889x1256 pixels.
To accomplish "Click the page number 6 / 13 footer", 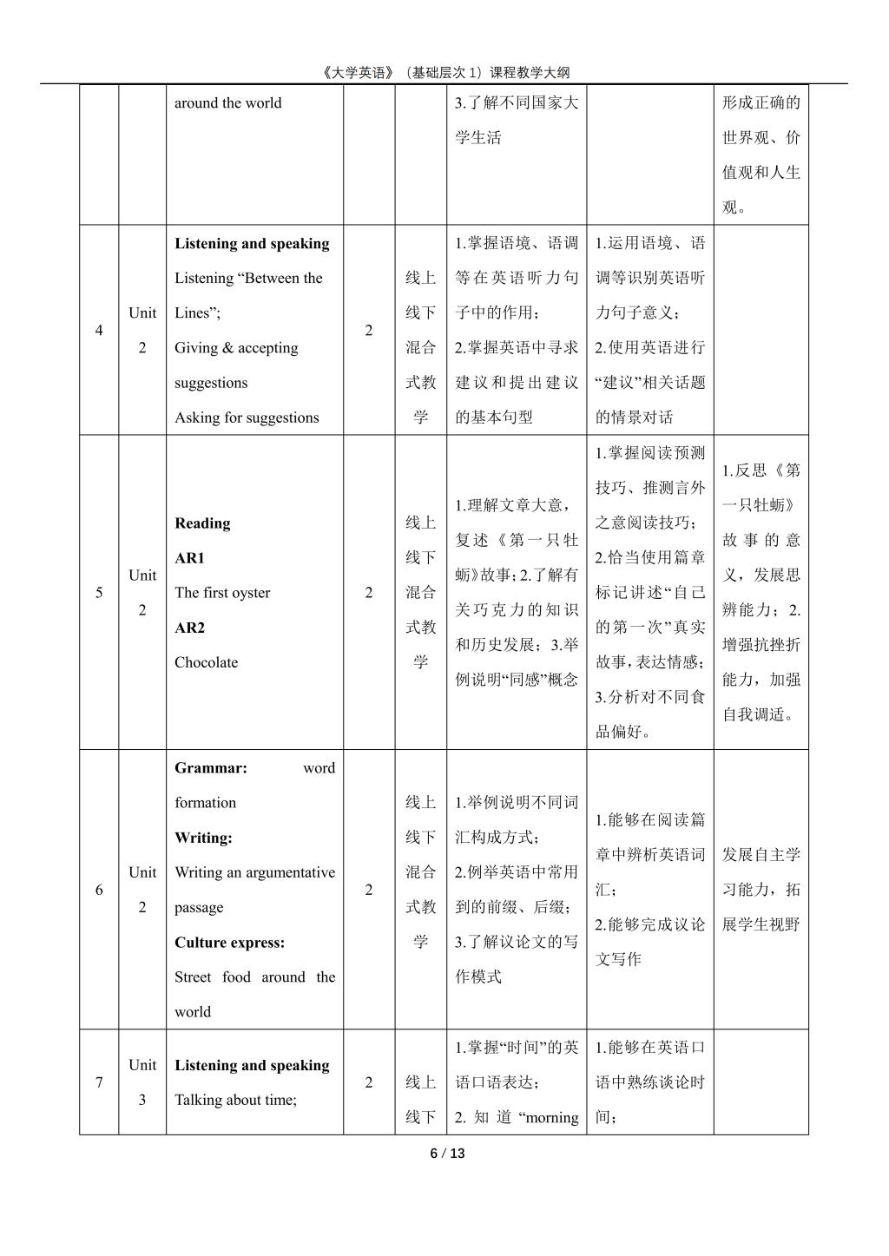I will coord(447,1154).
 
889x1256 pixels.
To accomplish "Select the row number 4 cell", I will coord(99,331).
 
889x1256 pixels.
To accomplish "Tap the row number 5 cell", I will coord(99,593).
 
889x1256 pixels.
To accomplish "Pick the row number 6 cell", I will coord(99,890).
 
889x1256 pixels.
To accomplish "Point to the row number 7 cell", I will coord(99,1082).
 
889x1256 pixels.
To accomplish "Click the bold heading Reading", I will coord(202,523).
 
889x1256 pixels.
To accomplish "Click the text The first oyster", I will coord(222,593).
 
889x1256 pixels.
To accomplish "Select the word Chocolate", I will coord(206,662).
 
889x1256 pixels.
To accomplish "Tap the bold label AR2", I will coord(189,628).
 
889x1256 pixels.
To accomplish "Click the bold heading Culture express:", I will coord(229,943).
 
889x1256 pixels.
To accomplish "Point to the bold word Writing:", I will coord(203,838).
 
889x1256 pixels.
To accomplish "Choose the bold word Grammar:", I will coord(211,768).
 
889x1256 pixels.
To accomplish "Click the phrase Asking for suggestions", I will coord(247,418).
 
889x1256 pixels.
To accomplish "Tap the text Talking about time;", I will coord(235,1100).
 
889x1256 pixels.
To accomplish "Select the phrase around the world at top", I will coord(227,103).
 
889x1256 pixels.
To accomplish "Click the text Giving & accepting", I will coord(236,348).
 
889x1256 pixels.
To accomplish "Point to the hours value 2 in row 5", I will coord(369,593).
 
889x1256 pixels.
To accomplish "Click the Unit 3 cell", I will coord(142,1082).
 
